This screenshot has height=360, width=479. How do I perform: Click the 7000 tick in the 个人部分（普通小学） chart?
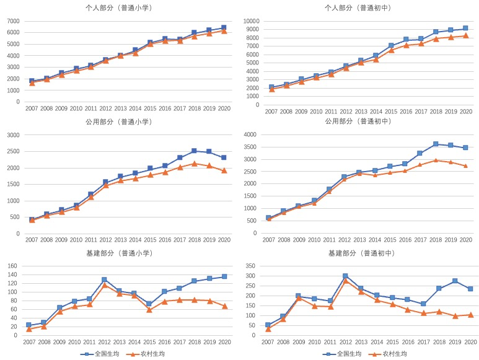(x=13, y=20)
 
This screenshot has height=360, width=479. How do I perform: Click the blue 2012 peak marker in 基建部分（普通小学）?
(x=105, y=280)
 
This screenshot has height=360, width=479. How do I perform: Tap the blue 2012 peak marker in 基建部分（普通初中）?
(x=345, y=276)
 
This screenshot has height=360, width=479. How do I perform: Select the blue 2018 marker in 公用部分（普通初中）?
(x=436, y=144)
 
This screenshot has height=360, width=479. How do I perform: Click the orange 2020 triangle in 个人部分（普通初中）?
(x=465, y=35)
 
